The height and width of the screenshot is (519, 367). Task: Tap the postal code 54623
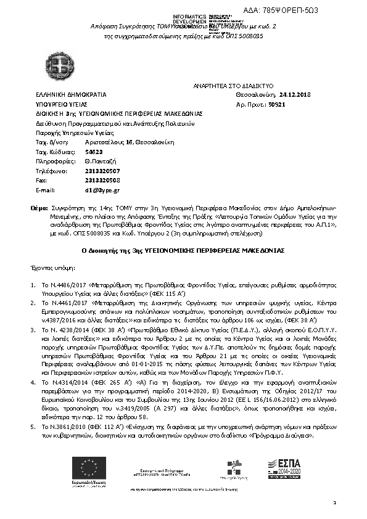pos(76,151)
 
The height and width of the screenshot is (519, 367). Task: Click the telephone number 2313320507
pos(85,170)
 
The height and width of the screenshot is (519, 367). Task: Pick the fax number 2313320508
pos(85,180)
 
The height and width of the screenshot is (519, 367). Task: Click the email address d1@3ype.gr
pos(81,190)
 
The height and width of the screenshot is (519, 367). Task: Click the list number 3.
pos(33,330)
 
